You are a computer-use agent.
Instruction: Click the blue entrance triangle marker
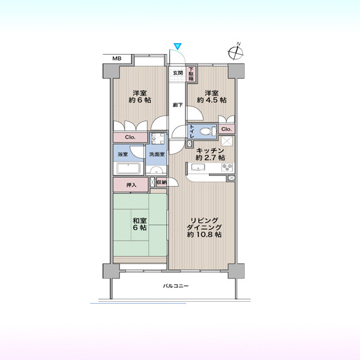pos(178,46)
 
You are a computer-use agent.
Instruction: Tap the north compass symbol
pos(236,52)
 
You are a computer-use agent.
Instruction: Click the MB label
pos(117,59)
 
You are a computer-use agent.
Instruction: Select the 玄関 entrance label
pos(178,73)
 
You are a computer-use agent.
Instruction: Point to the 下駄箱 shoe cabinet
pos(191,74)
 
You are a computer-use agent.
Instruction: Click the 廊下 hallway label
pos(178,105)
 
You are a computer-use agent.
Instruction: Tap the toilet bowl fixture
pos(208,131)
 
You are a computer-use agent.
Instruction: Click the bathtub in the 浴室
pos(128,169)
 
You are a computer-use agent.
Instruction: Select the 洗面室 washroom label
pos(157,154)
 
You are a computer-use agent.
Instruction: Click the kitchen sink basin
pos(198,167)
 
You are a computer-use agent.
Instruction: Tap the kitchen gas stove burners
pos(227,167)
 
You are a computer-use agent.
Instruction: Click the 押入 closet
pos(131,184)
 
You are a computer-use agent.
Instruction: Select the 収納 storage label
pos(161,182)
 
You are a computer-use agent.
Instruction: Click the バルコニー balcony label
pos(176,286)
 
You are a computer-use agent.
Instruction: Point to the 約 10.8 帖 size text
pos(204,235)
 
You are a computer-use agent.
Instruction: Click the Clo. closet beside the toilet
pos(227,129)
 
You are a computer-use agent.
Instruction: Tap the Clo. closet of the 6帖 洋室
pos(130,137)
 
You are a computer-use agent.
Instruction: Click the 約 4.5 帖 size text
pos(211,100)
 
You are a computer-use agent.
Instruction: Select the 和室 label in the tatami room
pos(140,221)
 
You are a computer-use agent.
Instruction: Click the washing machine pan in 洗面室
pos(158,139)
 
